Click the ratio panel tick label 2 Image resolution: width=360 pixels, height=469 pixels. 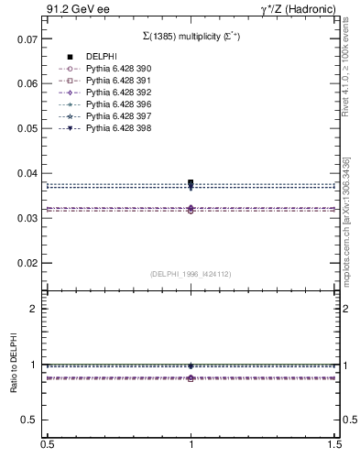34,309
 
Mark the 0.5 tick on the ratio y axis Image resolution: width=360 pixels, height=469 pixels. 29,420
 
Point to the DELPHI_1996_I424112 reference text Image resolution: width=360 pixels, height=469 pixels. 190,274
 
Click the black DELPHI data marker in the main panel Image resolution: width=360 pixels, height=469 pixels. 191,183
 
